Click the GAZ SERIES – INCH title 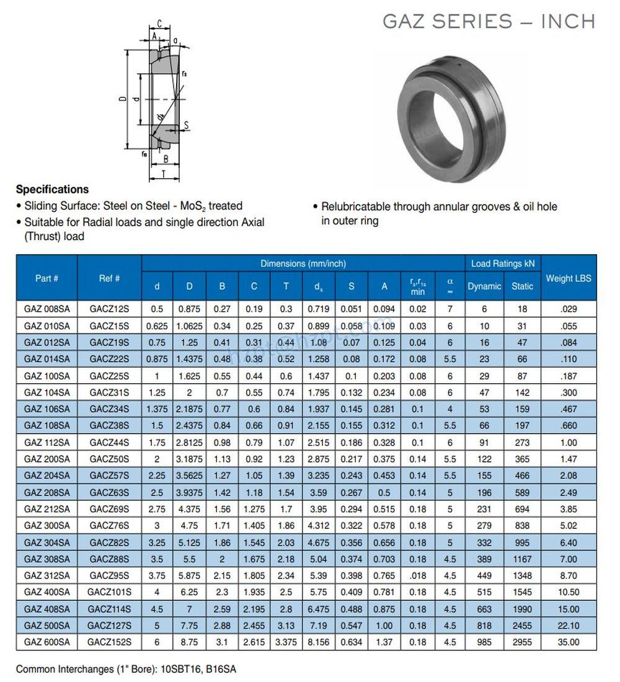point(489,21)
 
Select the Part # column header point(46,278)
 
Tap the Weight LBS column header point(569,278)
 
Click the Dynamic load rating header point(484,286)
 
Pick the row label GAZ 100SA point(46,376)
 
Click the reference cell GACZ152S point(110,642)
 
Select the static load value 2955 point(522,642)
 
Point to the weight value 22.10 point(569,626)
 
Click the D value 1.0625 point(189,325)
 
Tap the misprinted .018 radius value point(418,575)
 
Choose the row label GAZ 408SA point(46,609)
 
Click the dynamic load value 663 point(484,609)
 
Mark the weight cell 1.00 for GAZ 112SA point(569,442)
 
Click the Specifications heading point(52,189)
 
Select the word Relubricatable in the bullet point(356,206)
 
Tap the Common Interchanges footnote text point(126,669)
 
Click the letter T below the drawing point(163,174)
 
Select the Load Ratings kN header point(503,263)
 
